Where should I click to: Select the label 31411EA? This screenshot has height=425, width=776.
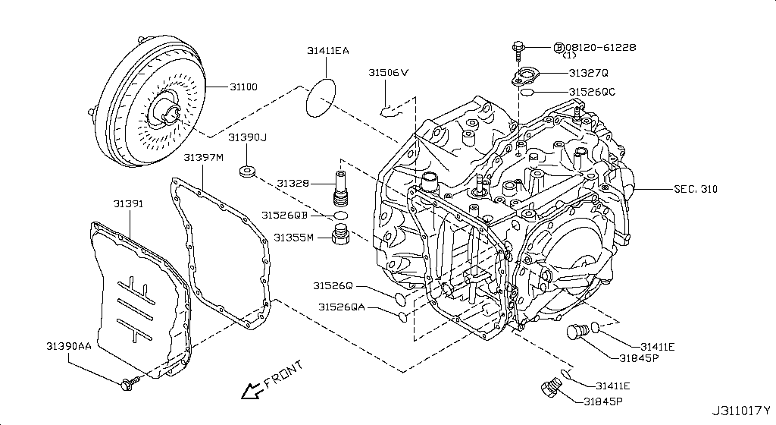[328, 51]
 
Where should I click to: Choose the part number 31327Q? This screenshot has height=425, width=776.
[589, 73]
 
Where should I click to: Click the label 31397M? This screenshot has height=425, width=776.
[203, 157]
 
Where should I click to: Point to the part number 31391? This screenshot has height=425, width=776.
[129, 204]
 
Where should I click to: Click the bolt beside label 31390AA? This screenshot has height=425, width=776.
[128, 382]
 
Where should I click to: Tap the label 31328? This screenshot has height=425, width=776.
[292, 184]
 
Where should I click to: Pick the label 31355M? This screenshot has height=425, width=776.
[289, 238]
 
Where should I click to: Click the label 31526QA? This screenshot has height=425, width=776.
[341, 307]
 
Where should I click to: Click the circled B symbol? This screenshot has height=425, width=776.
[559, 47]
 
